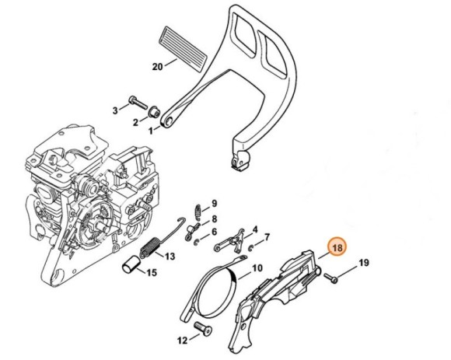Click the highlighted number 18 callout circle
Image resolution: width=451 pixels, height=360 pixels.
(x=337, y=247)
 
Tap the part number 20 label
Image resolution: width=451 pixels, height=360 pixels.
(x=157, y=67)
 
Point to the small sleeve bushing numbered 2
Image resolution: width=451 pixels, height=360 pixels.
(x=153, y=112)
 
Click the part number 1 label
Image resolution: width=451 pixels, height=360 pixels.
(x=151, y=131)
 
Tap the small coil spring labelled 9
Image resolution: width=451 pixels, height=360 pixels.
(x=198, y=211)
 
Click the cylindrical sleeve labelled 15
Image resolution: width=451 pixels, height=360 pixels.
(x=131, y=264)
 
